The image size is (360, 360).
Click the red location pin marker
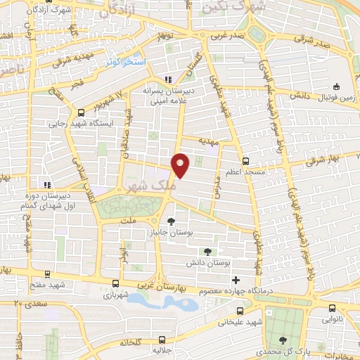coord(181,165)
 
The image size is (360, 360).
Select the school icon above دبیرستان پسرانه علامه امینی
coord(167,79)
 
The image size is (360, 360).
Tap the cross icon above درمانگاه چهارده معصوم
coord(236,281)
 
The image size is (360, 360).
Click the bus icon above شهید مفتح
coord(47,275)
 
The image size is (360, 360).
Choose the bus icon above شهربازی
coord(115,284)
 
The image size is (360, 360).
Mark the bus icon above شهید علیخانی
coord(240,310)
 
